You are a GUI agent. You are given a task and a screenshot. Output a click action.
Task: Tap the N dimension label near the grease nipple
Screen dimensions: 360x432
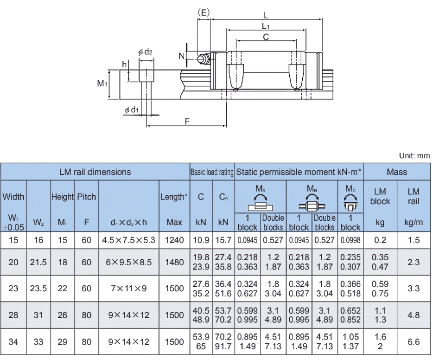[182, 55]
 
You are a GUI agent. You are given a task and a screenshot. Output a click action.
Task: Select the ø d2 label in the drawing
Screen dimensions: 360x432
[146, 52]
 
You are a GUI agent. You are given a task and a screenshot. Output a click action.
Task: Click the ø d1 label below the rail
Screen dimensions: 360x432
[132, 110]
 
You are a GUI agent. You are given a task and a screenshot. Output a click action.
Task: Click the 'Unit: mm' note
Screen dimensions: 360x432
[415, 156]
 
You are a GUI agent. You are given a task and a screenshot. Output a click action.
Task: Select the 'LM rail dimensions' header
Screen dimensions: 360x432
[95, 172]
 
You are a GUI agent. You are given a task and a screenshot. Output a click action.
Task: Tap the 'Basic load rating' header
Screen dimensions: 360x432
[212, 172]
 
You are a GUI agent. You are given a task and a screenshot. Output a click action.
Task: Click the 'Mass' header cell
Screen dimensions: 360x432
[397, 172]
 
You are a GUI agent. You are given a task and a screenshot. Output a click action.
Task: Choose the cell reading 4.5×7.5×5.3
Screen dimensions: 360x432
[129, 240]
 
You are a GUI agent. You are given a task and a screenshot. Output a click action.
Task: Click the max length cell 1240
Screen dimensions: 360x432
[175, 240]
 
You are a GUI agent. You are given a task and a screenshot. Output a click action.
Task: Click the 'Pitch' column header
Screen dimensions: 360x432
[86, 197]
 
